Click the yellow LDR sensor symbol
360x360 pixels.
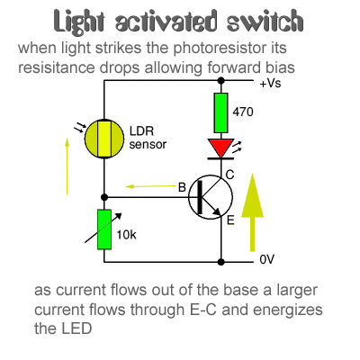coord(104,139)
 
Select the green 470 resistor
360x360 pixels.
coord(220,112)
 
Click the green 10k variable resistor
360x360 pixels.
coord(104,229)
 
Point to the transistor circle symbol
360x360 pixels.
coord(211,197)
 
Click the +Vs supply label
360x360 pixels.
coord(270,83)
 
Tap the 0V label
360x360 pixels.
coord(267,259)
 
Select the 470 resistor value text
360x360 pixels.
coord(243,112)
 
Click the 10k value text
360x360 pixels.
coord(127,235)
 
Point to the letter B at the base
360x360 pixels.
coord(183,187)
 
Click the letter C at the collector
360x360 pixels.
coord(229,175)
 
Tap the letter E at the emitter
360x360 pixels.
coord(230,220)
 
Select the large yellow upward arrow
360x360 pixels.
coord(252,211)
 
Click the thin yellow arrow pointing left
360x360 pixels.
coord(150,186)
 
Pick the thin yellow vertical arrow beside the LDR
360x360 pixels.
coord(67,166)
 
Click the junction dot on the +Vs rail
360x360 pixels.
coord(220,80)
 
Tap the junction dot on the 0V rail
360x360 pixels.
coord(220,262)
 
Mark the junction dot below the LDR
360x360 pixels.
coord(104,197)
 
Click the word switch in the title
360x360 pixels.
coord(265,22)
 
